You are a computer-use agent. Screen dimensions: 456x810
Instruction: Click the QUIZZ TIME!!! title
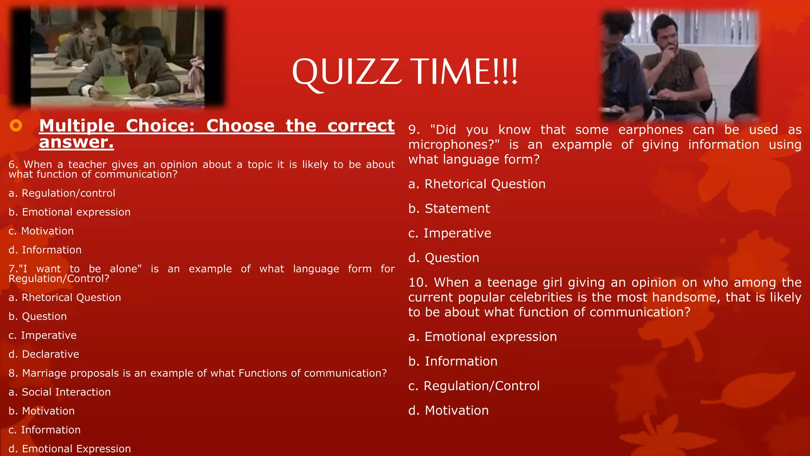pyautogui.click(x=404, y=72)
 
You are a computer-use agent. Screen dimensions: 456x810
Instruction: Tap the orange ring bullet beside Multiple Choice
pyautogui.click(x=16, y=126)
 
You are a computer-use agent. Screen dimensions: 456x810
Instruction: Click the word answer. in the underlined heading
pyautogui.click(x=76, y=142)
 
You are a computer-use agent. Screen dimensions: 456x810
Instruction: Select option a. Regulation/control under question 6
pyautogui.click(x=62, y=193)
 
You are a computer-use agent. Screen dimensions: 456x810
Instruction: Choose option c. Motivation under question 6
pyautogui.click(x=41, y=231)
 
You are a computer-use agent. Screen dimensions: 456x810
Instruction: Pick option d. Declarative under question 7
pyautogui.click(x=44, y=354)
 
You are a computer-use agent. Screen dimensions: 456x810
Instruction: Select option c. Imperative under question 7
pyautogui.click(x=43, y=335)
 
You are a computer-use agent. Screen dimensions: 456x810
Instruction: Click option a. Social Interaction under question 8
pyautogui.click(x=60, y=392)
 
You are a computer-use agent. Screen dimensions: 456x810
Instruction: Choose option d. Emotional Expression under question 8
pyautogui.click(x=70, y=449)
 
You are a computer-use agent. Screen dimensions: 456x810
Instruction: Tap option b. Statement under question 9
pyautogui.click(x=449, y=209)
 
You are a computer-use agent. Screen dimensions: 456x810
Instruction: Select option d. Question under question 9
pyautogui.click(x=443, y=258)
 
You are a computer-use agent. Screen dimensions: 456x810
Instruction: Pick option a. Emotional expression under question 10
pyautogui.click(x=482, y=337)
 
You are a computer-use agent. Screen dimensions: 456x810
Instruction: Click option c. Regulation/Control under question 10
pyautogui.click(x=473, y=386)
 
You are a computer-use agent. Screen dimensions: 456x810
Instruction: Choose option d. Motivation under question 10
pyautogui.click(x=448, y=410)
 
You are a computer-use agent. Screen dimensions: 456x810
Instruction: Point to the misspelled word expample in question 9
pyautogui.click(x=582, y=145)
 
